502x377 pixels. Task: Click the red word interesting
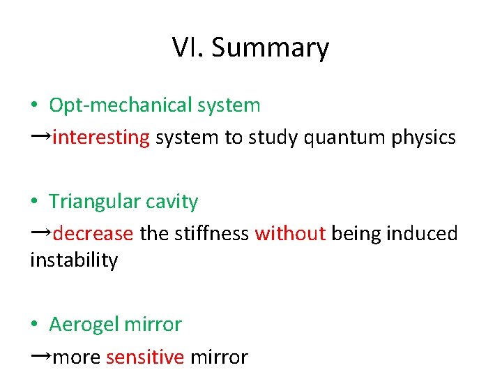[101, 138]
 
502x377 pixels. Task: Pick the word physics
[424, 138]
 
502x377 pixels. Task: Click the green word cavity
[174, 202]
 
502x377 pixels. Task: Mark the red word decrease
[93, 233]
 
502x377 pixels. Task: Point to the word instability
[74, 260]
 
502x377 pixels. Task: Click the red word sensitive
[145, 357]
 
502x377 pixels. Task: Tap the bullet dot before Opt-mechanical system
[34, 106]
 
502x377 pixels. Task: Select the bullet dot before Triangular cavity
[34, 202]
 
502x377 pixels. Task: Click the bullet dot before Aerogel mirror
[34, 325]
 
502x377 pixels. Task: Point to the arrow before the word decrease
[40, 232]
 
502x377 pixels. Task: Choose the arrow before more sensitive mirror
[40, 355]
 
